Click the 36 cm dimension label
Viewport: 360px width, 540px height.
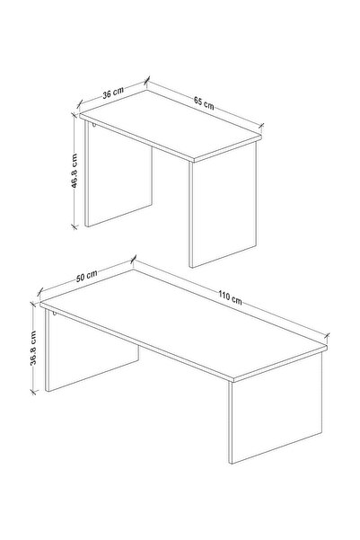click(x=113, y=93)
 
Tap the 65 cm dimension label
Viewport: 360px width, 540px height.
click(x=204, y=103)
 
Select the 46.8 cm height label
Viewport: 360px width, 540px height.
click(x=74, y=171)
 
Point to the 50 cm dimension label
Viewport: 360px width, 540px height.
click(x=86, y=276)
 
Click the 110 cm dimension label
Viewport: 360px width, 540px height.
click(x=230, y=297)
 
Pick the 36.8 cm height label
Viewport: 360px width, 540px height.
click(x=33, y=348)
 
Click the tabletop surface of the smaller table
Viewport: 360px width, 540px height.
click(x=171, y=125)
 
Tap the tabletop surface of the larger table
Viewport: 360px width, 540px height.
click(x=183, y=324)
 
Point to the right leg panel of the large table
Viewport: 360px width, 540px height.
click(x=276, y=409)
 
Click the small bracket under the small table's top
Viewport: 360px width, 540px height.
click(x=93, y=126)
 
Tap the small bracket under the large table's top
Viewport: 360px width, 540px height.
click(x=54, y=313)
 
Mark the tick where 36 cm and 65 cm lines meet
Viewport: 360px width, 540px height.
click(x=147, y=81)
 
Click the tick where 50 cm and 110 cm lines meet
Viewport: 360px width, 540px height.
click(x=134, y=260)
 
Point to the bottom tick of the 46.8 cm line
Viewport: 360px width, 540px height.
click(x=74, y=226)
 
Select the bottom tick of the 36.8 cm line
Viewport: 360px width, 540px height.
click(x=33, y=391)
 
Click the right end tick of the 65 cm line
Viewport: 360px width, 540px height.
click(x=261, y=127)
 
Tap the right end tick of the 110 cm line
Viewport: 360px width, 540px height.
click(x=327, y=336)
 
